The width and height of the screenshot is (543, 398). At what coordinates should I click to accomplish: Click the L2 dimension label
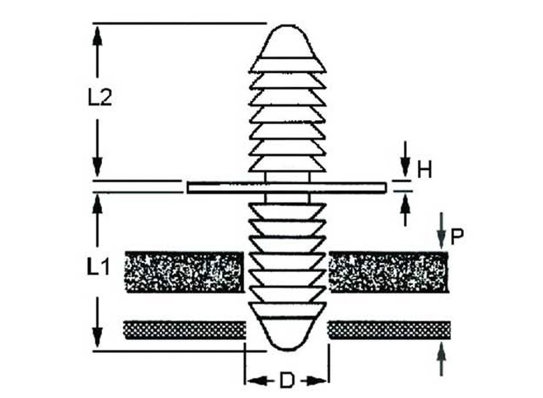coord(100,98)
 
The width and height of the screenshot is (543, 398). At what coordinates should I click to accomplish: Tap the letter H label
coord(424,171)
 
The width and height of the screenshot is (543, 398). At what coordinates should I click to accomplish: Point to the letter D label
coord(286,381)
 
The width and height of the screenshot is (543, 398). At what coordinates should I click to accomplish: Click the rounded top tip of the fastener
coord(288,36)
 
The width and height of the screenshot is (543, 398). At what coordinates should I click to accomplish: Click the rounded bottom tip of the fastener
coord(287,337)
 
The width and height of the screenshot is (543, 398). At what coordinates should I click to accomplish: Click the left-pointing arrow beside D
coord(256,381)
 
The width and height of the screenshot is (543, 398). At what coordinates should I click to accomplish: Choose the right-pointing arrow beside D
coord(317,381)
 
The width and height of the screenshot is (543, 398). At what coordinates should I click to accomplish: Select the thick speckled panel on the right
coord(389,272)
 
